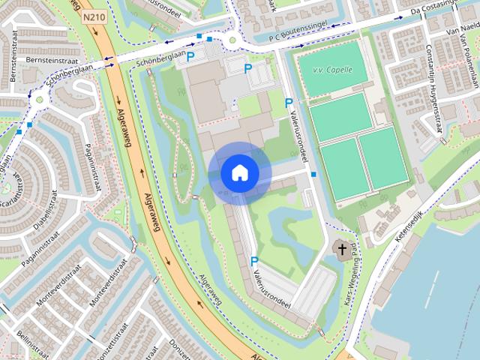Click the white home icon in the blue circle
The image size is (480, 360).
tap(240, 172)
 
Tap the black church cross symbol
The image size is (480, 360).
tap(342, 249)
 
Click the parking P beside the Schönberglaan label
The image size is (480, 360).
tap(190, 55)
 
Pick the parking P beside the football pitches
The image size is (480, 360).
tap(289, 102)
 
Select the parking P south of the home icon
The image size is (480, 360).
tap(254, 260)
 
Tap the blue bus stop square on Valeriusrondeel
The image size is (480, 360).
tap(313, 175)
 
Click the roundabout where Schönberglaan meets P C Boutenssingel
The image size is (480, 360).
tap(232, 40)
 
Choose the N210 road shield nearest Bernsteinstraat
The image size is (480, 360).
tap(93, 15)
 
